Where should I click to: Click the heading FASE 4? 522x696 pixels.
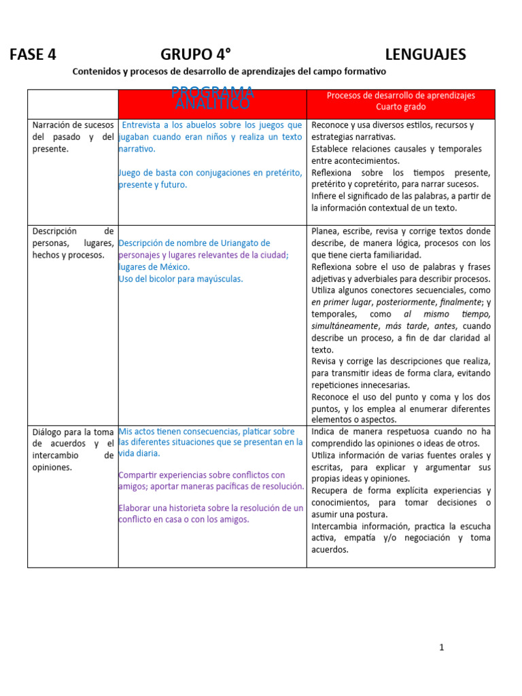33,55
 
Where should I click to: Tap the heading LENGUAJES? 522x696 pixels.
425,55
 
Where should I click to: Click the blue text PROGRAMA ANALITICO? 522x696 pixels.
213,98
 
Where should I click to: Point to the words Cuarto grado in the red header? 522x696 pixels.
401,107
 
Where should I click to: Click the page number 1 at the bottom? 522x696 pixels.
441,647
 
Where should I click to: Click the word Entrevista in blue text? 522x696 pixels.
144,125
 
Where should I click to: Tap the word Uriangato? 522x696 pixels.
249,243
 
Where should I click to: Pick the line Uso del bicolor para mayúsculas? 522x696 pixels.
180,279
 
